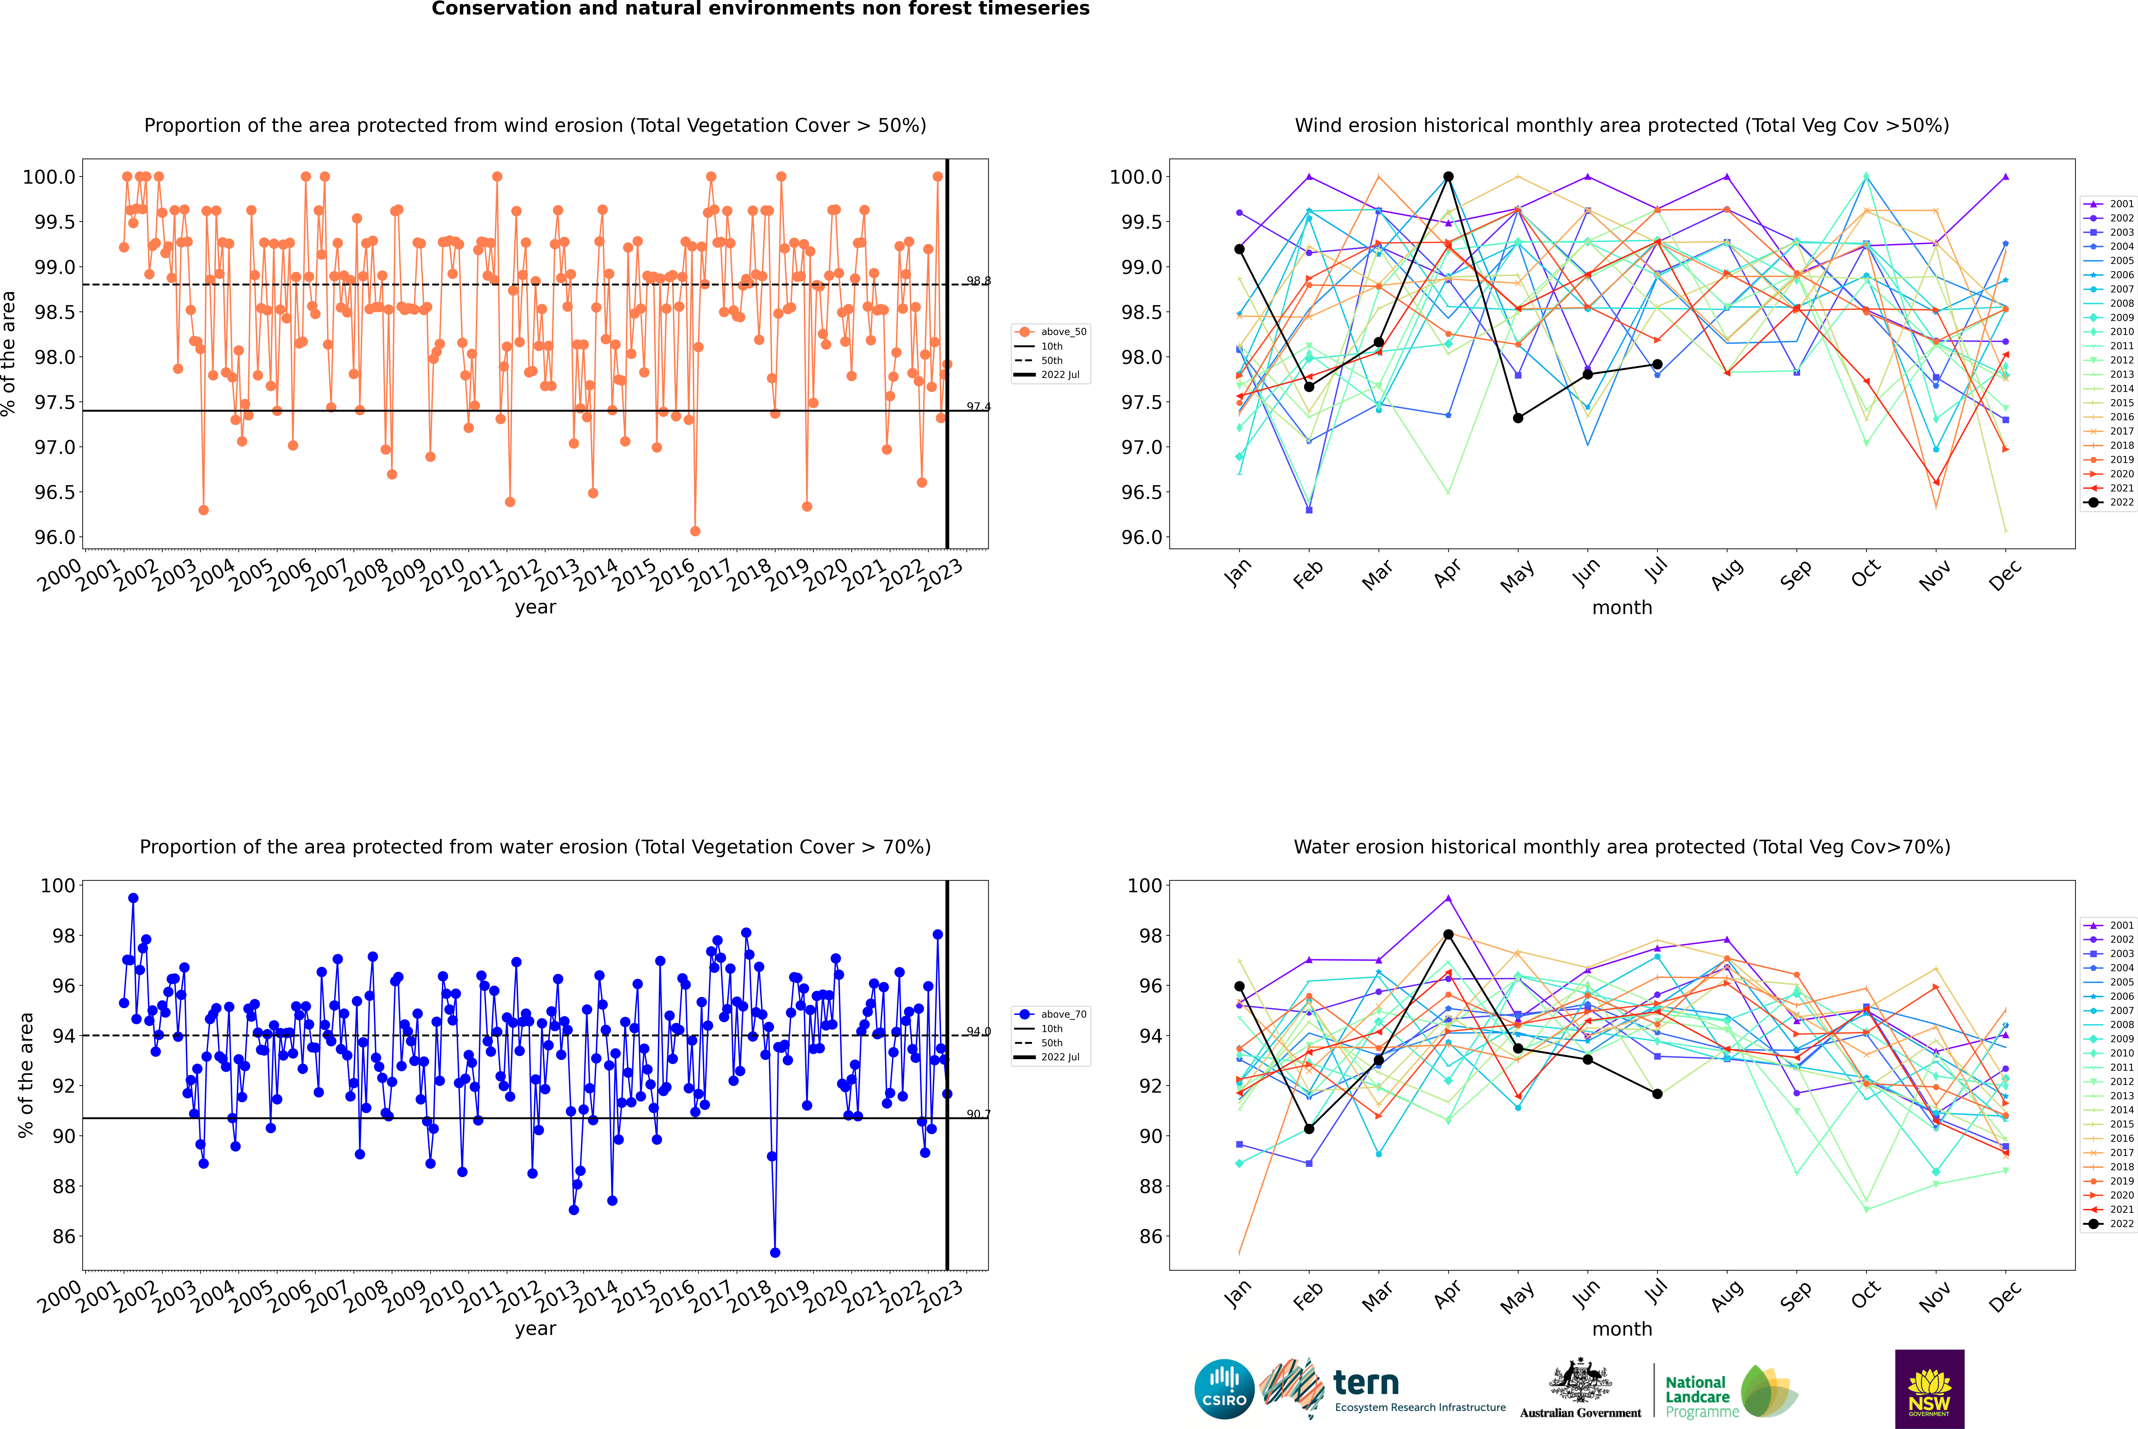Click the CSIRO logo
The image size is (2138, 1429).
coord(1224,1389)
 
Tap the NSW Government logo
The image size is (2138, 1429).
coord(1929,1389)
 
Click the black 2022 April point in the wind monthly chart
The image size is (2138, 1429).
coord(1448,177)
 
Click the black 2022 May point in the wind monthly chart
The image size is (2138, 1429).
coord(1517,418)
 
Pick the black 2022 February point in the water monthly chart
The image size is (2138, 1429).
coord(1309,1129)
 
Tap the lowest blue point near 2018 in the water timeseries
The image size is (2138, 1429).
coord(775,1252)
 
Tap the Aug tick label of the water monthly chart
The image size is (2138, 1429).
coord(1726,1295)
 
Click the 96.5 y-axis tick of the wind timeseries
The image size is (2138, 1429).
coord(55,492)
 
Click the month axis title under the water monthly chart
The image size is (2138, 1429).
coord(1621,1329)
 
